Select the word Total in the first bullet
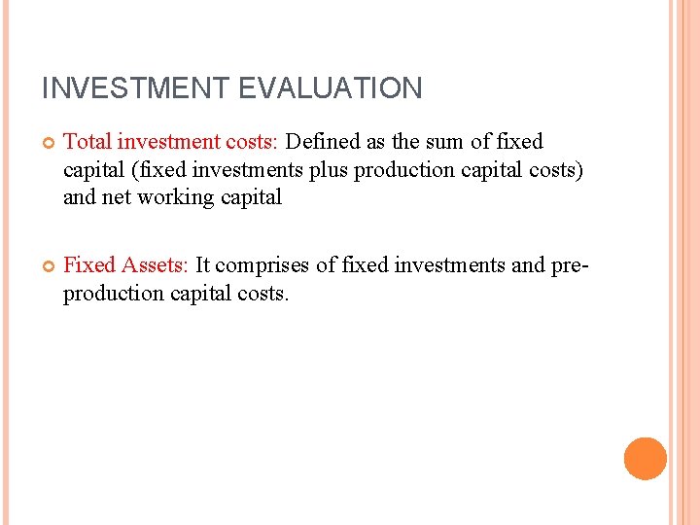coord(87,142)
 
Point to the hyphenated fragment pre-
coord(574,264)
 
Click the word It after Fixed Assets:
coord(204,264)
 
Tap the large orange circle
coord(645,459)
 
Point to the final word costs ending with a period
coord(263,293)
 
